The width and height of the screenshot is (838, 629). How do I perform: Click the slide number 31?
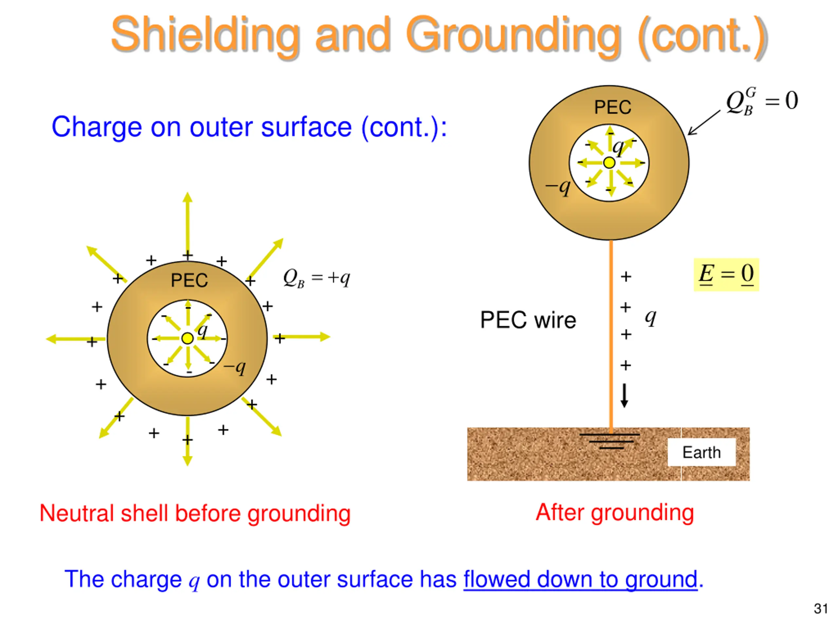pos(821,609)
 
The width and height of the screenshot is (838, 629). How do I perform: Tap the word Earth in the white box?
pos(701,452)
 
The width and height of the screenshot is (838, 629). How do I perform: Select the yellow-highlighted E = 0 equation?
pos(726,274)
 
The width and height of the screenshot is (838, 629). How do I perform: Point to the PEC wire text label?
pos(528,320)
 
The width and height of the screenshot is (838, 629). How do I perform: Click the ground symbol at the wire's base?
pos(610,441)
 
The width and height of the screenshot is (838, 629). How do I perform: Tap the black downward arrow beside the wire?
pos(624,395)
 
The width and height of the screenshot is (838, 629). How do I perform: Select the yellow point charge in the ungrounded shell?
pos(187,338)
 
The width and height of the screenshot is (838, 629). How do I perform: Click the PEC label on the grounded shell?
pos(612,107)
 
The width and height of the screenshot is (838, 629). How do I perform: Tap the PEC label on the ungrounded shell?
pos(189,280)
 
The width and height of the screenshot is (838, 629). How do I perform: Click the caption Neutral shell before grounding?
pos(195,514)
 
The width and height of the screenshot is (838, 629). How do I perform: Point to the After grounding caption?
pos(614,513)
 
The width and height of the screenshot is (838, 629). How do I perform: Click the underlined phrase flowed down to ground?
pos(580,579)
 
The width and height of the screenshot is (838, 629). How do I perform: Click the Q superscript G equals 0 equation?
pos(761,101)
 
